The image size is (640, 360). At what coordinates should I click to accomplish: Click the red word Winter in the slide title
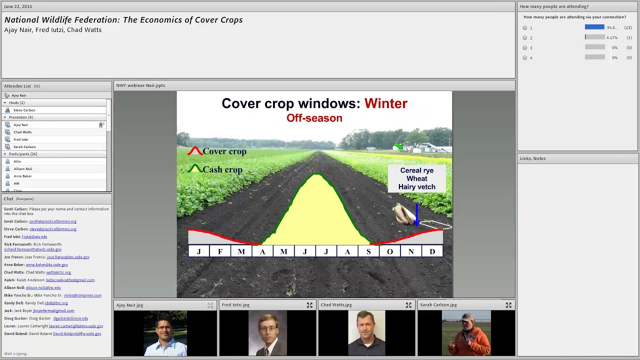385,103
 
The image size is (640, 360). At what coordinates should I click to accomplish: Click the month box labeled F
220,251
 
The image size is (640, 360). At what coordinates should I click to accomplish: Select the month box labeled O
390,251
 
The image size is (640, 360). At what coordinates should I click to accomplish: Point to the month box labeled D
432,251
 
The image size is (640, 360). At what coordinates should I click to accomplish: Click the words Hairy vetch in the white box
416,187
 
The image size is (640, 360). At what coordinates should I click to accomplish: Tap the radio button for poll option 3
525,47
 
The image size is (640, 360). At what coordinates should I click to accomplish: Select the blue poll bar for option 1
594,27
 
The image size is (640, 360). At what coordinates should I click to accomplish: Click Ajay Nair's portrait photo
165,333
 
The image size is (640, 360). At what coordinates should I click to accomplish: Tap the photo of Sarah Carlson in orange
466,333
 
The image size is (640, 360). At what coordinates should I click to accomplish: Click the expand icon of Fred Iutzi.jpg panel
309,305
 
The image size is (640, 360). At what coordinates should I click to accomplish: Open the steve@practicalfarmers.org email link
53,229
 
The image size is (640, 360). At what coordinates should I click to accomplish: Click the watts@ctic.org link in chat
58,272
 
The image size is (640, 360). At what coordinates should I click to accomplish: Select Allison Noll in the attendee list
23,169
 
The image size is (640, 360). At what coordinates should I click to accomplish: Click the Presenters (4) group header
20,117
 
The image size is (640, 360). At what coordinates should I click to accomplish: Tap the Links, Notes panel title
532,158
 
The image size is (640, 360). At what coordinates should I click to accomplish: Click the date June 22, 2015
17,6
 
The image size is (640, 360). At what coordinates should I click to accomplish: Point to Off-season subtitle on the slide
314,118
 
